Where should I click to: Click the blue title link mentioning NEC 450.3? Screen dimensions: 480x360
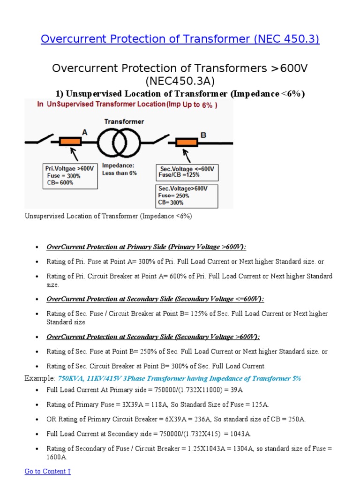tap(180, 39)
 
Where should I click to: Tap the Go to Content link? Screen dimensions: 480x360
tap(47, 471)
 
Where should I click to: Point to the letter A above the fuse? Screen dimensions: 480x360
tap(85, 133)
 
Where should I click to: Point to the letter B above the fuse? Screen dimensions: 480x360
tap(203, 135)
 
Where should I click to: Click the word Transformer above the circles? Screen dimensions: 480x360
tap(124, 121)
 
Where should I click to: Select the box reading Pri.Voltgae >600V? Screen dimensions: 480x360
tap(70, 176)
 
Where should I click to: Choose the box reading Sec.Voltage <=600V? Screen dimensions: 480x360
tap(187, 172)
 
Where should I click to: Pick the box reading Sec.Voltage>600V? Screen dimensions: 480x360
tap(187, 196)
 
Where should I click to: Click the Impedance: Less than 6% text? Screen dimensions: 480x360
tap(120, 169)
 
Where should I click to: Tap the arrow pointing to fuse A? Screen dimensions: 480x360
tap(74, 154)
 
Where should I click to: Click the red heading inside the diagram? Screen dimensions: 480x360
tap(127, 105)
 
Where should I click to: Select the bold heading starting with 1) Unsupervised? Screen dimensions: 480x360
tap(180, 94)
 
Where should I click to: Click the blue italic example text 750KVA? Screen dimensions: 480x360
tap(179, 378)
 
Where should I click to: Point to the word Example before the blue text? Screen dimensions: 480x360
tap(39, 378)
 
